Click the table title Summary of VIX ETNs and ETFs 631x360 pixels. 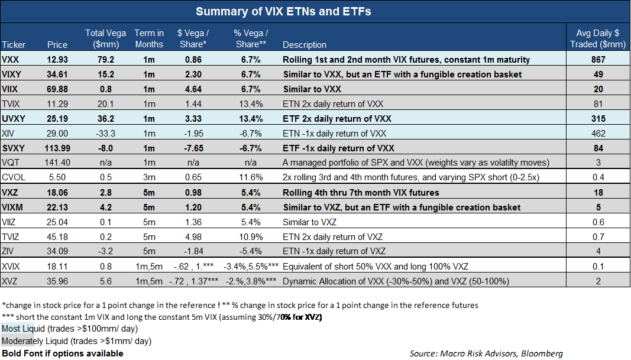[x=283, y=12]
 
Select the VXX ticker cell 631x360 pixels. [x=11, y=59]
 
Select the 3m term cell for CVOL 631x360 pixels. [x=149, y=177]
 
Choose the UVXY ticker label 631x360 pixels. [x=14, y=118]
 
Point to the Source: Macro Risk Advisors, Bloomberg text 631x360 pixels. [x=486, y=353]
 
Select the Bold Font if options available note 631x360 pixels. [x=63, y=353]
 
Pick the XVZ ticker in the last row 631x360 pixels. [x=11, y=281]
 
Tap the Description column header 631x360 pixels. [x=305, y=44]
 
